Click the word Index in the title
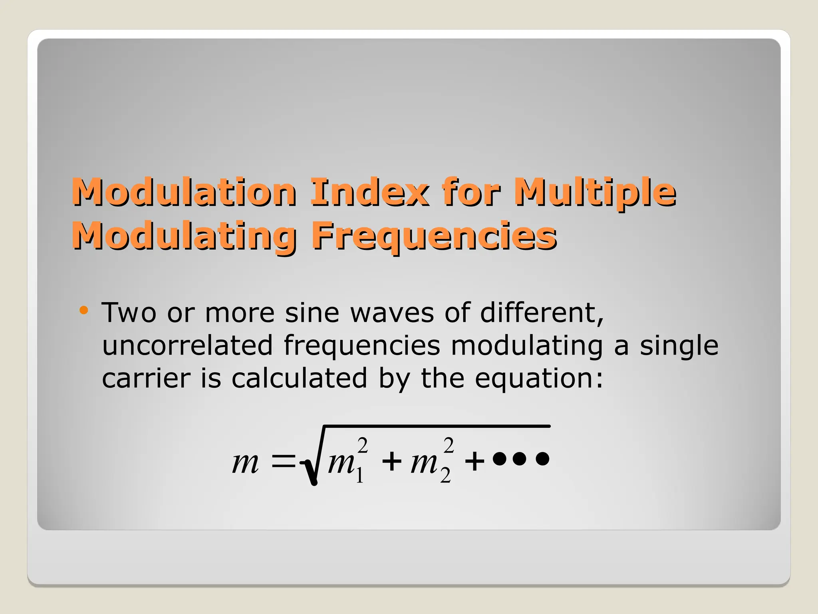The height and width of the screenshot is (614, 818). coord(369,192)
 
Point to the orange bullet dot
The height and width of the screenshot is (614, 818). coord(83,310)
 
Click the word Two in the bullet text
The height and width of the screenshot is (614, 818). coord(129,313)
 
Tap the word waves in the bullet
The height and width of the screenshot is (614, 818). coord(392,313)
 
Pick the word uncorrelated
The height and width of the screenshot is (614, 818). coord(187,345)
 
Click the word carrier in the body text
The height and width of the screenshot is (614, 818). coord(146,378)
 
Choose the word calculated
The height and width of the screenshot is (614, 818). coord(299,378)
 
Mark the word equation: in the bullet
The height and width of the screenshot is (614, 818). coord(539,379)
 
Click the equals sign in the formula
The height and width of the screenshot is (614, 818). coord(283,463)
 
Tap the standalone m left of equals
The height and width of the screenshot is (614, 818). coord(245,463)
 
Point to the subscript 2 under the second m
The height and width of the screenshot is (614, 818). coord(445,476)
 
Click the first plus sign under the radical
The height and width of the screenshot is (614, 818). coord(392,462)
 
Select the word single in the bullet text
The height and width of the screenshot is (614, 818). coord(679,345)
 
